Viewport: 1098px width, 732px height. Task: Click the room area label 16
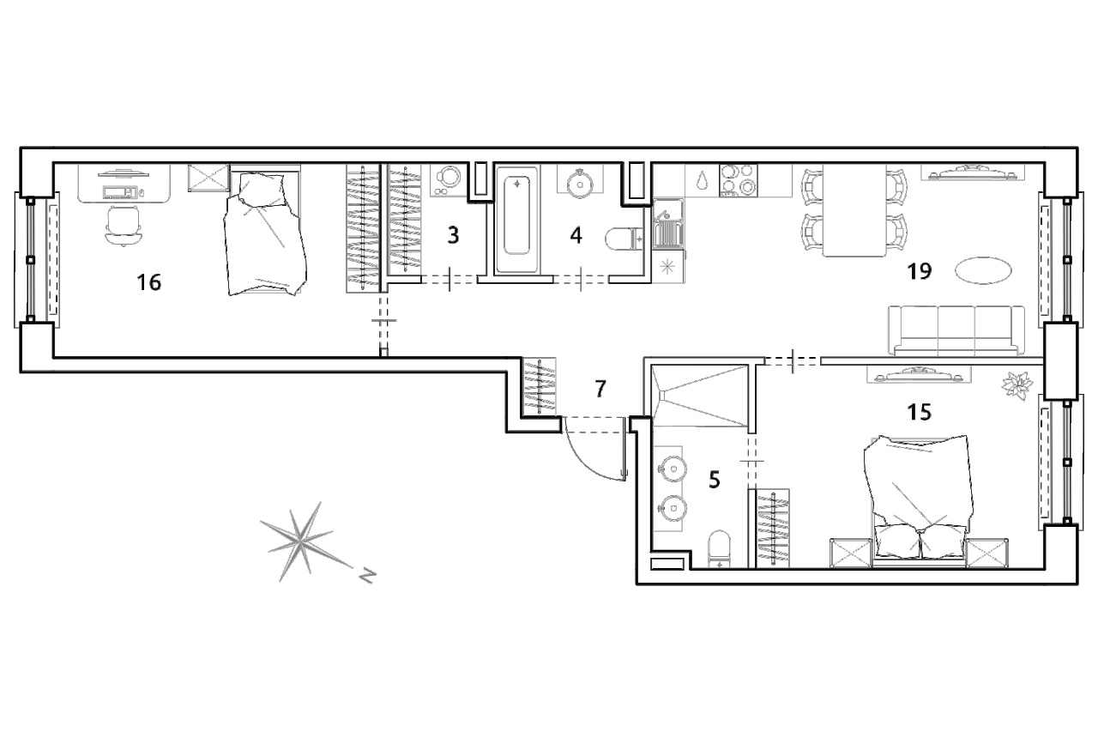tap(148, 282)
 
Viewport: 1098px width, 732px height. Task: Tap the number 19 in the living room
tap(919, 271)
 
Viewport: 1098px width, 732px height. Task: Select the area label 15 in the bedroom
tap(919, 412)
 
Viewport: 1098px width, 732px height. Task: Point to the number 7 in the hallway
tap(600, 389)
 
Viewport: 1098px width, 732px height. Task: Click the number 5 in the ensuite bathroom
tap(715, 480)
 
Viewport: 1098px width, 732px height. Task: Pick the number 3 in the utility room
tap(454, 235)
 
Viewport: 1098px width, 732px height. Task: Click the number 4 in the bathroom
tap(576, 235)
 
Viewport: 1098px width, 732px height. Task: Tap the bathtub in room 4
tap(516, 219)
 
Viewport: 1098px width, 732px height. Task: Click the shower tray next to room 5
tap(700, 396)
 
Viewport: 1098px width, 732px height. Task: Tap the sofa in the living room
tap(956, 330)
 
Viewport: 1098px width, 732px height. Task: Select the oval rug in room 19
tap(983, 270)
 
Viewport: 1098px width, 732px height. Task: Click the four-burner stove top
tap(739, 180)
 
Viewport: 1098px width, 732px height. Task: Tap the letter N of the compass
tap(366, 575)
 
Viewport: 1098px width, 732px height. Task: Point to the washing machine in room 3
tap(448, 180)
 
